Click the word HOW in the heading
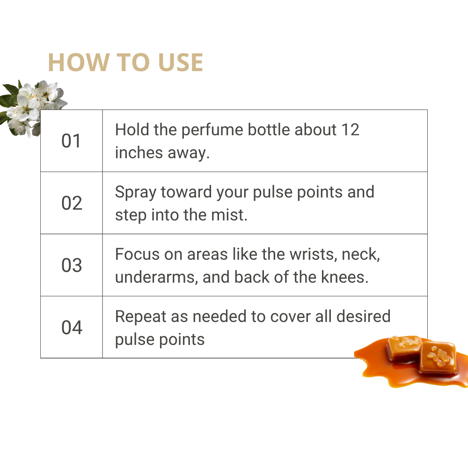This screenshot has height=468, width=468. [x=79, y=63]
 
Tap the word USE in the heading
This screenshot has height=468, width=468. [x=181, y=63]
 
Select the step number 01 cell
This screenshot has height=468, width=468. [x=71, y=141]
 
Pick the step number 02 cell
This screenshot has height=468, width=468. [x=71, y=203]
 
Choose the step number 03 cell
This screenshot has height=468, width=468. [x=71, y=265]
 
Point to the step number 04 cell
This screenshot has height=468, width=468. [x=71, y=327]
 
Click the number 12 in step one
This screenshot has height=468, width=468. [x=350, y=130]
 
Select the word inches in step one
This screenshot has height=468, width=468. [x=139, y=153]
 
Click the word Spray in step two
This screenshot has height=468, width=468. [x=136, y=192]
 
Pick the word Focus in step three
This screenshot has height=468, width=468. [x=137, y=254]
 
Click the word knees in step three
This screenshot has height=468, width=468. [x=344, y=277]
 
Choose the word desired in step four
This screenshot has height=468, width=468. [x=363, y=316]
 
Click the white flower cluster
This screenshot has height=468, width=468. [x=33, y=106]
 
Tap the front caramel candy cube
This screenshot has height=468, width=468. [x=438, y=357]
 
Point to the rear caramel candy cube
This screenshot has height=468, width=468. [x=404, y=347]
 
